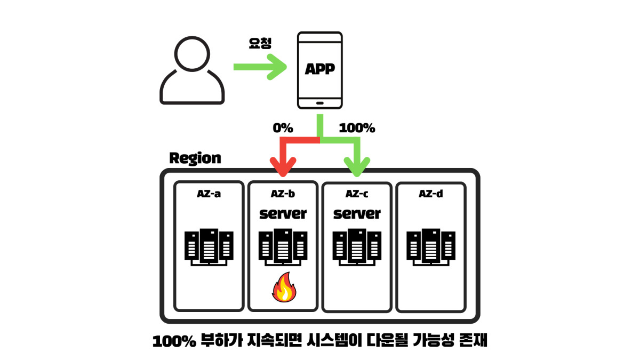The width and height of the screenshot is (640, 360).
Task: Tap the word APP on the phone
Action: click(319, 69)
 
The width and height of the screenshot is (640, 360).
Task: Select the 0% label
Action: click(283, 129)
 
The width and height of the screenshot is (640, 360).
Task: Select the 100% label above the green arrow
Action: click(357, 129)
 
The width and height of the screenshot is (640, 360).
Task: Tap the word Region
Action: click(195, 158)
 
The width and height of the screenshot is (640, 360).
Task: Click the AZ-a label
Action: click(209, 194)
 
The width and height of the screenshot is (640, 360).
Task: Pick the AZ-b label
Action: click(283, 194)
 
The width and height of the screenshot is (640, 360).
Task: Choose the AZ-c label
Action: click(357, 194)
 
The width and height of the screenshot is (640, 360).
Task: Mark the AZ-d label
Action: click(430, 194)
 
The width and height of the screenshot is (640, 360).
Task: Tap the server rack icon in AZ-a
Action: click(209, 246)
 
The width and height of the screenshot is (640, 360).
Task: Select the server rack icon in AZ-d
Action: click(431, 246)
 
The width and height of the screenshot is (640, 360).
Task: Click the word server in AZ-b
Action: click(283, 214)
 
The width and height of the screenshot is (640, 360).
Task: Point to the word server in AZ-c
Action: click(357, 214)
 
